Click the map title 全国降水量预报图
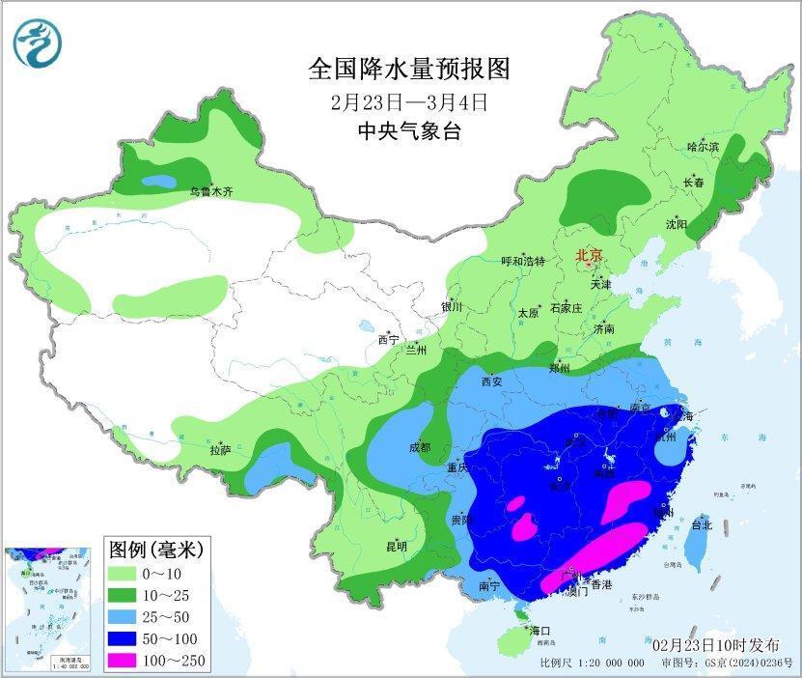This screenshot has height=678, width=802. click(x=408, y=69)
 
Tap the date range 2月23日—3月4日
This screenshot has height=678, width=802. click(x=408, y=101)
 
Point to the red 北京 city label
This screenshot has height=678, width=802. click(x=589, y=255)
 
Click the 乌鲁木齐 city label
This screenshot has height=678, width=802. click(x=210, y=192)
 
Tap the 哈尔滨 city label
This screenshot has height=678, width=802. click(x=703, y=146)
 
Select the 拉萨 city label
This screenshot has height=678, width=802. click(x=220, y=449)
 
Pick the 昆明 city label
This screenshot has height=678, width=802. click(x=397, y=546)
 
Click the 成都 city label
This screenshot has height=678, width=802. click(x=420, y=447)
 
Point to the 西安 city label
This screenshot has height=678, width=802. click(x=493, y=381)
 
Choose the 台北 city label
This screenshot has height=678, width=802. click(x=701, y=525)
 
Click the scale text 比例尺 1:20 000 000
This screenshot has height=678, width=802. click(x=592, y=663)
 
